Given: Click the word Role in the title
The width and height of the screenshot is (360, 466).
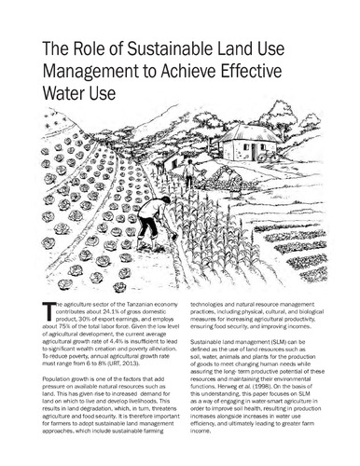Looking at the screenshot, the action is point(90,54).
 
